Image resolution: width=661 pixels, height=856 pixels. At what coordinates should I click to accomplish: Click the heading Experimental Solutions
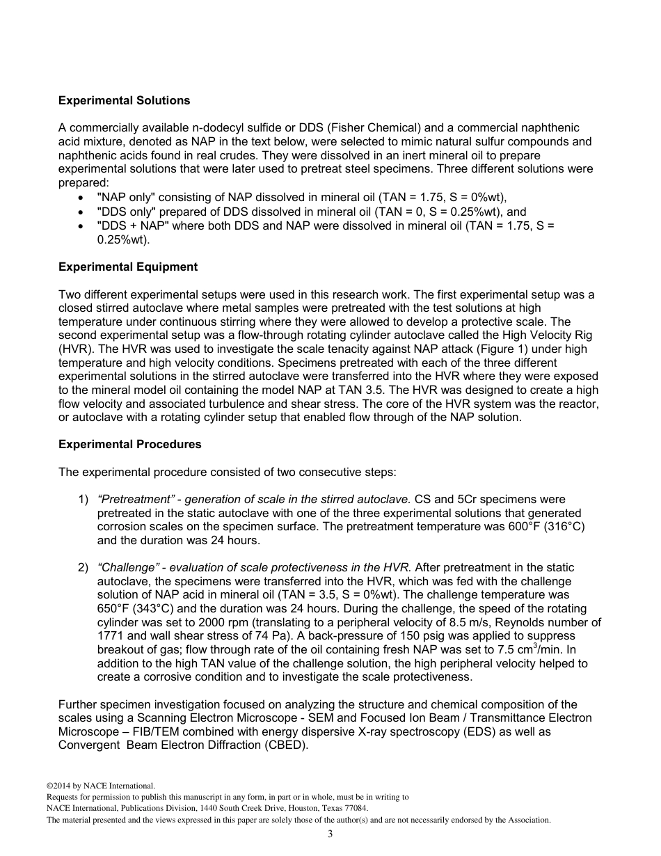click(124, 101)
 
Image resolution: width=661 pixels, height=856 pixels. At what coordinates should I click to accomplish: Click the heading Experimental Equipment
click(127, 267)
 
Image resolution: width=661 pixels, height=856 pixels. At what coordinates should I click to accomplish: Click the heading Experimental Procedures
click(129, 445)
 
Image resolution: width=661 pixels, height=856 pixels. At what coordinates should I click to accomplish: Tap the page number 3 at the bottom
click(330, 834)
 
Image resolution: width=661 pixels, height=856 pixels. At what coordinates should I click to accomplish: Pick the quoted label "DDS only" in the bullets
click(122, 212)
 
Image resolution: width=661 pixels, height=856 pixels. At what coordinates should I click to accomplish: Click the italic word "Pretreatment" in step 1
click(136, 500)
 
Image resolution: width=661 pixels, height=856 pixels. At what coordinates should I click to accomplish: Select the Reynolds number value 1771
click(111, 637)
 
